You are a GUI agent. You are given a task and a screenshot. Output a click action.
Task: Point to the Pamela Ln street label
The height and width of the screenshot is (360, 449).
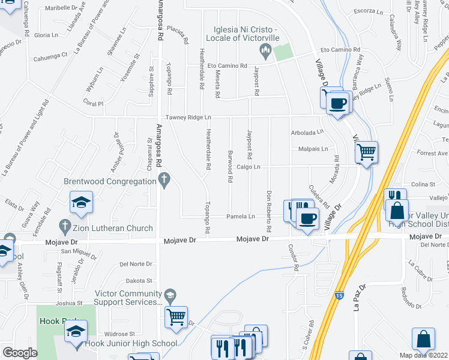241,216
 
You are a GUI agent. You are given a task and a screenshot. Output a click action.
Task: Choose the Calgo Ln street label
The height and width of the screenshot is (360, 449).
248,167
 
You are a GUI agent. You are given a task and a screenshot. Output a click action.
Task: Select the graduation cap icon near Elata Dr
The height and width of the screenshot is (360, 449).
81,202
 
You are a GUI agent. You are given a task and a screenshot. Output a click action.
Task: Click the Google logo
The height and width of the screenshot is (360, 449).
20,352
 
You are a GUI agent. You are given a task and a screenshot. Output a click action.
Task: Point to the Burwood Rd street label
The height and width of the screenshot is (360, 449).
230,170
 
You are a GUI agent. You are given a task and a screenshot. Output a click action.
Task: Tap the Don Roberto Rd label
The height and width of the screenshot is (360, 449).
269,212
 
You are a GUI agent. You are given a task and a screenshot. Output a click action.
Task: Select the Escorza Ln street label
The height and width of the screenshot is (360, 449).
368,11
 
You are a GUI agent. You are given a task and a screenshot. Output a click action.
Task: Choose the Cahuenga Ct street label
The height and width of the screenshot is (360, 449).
50,55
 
